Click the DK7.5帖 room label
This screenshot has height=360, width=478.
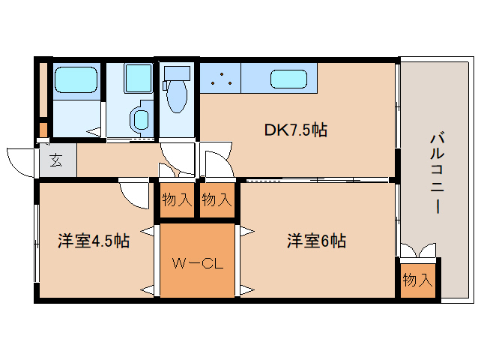pos(295,130)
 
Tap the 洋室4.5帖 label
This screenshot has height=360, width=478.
pos(94,241)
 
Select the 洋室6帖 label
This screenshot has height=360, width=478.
pos(316,241)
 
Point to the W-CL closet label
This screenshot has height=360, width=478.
pos(198,263)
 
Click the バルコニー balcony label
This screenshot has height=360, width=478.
pos(437,172)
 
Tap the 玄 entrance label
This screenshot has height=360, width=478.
pos(56,160)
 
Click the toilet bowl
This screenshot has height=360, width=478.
pos(177,95)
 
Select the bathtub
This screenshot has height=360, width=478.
pos(76,80)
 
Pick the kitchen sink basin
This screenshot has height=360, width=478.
pos(288,79)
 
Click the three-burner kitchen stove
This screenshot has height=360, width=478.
pos(220,78)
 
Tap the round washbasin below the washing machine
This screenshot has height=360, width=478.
pos(141,119)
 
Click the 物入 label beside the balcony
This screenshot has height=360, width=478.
pos(417,280)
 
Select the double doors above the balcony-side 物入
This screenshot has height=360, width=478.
pos(417,250)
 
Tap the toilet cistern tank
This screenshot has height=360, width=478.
pos(177,73)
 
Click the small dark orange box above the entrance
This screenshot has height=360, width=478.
pos(43,130)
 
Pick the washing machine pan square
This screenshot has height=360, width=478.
pos(138,79)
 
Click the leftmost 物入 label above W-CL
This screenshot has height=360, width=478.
pos(177,200)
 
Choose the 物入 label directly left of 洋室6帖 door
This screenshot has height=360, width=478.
pos(217,200)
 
